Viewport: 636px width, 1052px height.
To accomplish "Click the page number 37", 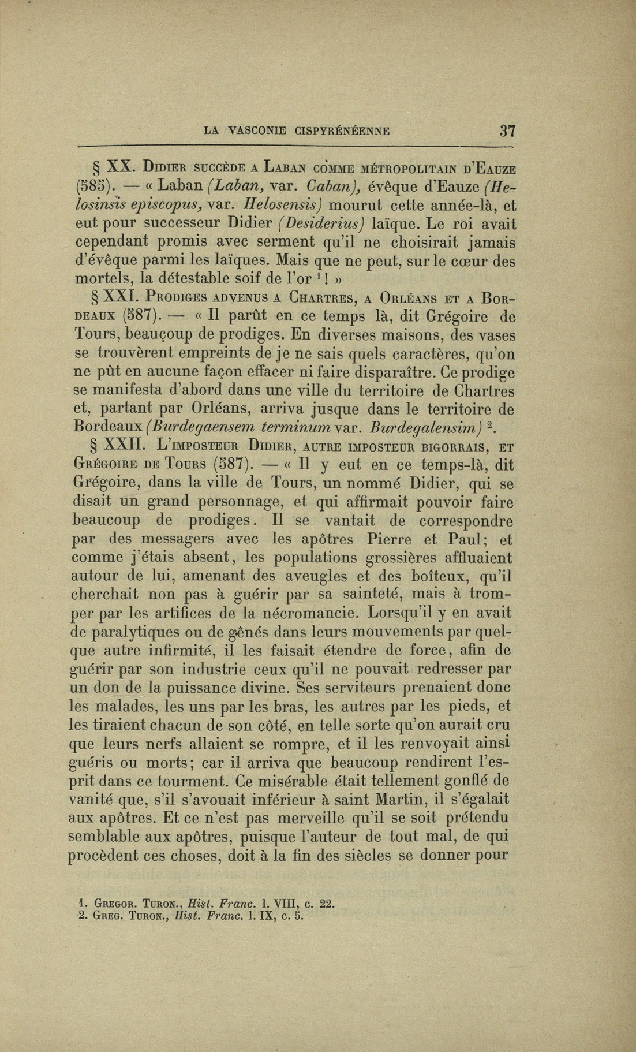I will coord(507,130).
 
